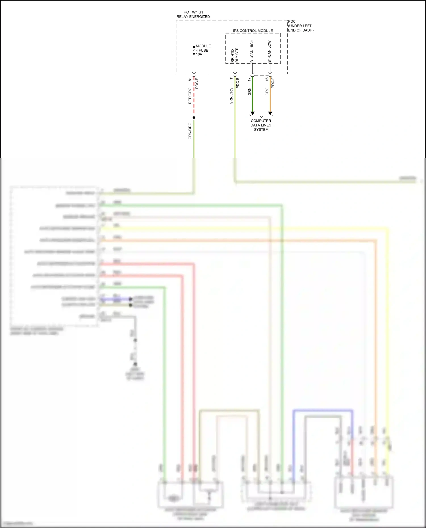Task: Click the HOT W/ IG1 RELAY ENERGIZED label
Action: coord(193,14)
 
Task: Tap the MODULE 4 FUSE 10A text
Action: coord(203,50)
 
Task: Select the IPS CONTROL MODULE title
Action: coord(253,31)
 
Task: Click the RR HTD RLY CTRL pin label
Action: coord(235,54)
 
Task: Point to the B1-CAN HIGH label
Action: coord(252,51)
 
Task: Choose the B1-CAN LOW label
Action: coord(270,52)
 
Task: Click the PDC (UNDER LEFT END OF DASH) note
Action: coord(300,26)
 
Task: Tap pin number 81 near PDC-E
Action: coord(190,79)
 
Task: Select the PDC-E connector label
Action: coord(197,83)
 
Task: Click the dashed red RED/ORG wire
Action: coord(194,96)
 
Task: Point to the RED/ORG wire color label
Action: coord(190,96)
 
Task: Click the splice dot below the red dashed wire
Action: coord(194,117)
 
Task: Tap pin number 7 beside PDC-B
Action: coord(231,79)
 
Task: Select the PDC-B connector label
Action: coord(238,83)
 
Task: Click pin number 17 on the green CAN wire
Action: coord(249,79)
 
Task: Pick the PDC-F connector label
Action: coord(273,83)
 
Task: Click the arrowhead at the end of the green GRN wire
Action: coord(252,113)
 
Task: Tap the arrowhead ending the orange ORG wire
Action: coord(270,113)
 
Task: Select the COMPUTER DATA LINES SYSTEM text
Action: coord(261,125)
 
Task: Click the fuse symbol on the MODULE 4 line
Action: coord(194,50)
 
